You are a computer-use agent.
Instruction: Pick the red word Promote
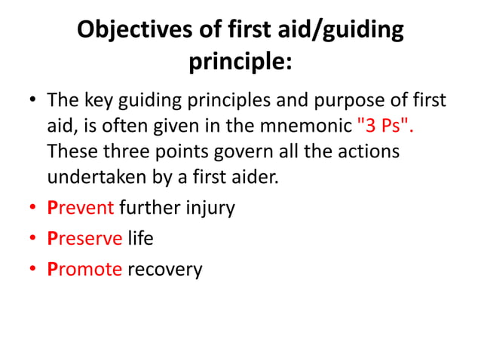pyautogui.click(x=84, y=269)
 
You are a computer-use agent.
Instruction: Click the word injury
pyautogui.click(x=209, y=207)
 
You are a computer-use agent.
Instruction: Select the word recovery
pyautogui.click(x=165, y=269)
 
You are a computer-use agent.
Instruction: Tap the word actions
pyautogui.click(x=365, y=152)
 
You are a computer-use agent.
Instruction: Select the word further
pyautogui.click(x=147, y=207)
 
